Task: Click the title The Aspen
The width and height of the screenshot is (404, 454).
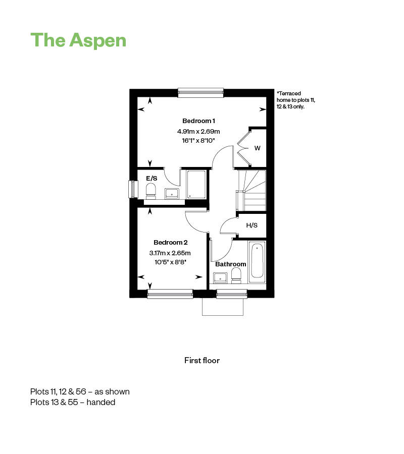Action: coord(78,40)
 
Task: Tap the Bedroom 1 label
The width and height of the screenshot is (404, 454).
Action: coord(198,121)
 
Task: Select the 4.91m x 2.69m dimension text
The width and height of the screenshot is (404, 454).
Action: coord(198,131)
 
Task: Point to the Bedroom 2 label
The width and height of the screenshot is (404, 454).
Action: coord(170,242)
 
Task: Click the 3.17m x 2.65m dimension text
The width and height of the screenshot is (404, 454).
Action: coord(170,253)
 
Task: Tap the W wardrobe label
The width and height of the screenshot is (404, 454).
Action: coord(258,148)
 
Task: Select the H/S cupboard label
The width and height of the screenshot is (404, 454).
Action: coord(251,225)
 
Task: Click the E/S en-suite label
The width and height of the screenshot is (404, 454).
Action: coord(151,179)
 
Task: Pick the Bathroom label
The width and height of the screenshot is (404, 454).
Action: coord(230,264)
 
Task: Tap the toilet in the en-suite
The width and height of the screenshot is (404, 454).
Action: coord(150,191)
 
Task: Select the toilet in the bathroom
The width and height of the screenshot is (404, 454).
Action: coord(236,275)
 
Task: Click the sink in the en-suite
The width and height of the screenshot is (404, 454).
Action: coord(172,193)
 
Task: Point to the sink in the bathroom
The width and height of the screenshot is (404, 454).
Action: coord(221,278)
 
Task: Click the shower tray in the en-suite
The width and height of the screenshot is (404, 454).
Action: coord(196,185)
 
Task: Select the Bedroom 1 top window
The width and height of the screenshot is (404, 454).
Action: coord(201,92)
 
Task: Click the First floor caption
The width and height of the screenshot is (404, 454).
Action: coord(202,361)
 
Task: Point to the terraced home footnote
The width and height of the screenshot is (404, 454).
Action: coord(295,100)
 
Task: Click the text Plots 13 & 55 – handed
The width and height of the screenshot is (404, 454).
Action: coord(73,402)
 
